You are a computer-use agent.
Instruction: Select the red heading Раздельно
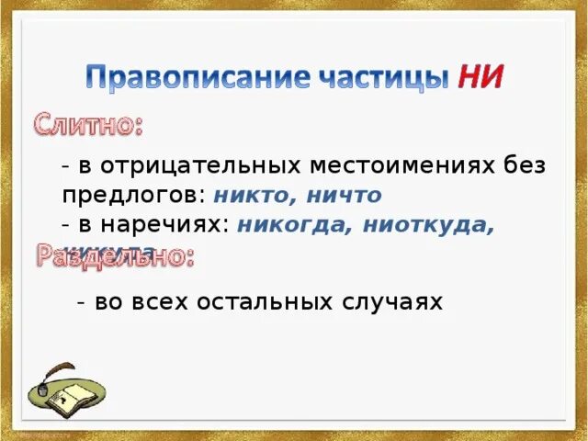[x=115, y=255]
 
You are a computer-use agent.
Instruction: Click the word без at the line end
[x=525, y=166]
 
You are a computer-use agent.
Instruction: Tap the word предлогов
[x=131, y=196]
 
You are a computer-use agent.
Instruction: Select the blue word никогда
[x=293, y=225]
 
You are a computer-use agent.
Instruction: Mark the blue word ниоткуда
[x=428, y=225]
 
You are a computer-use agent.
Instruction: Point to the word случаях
[x=397, y=301]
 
